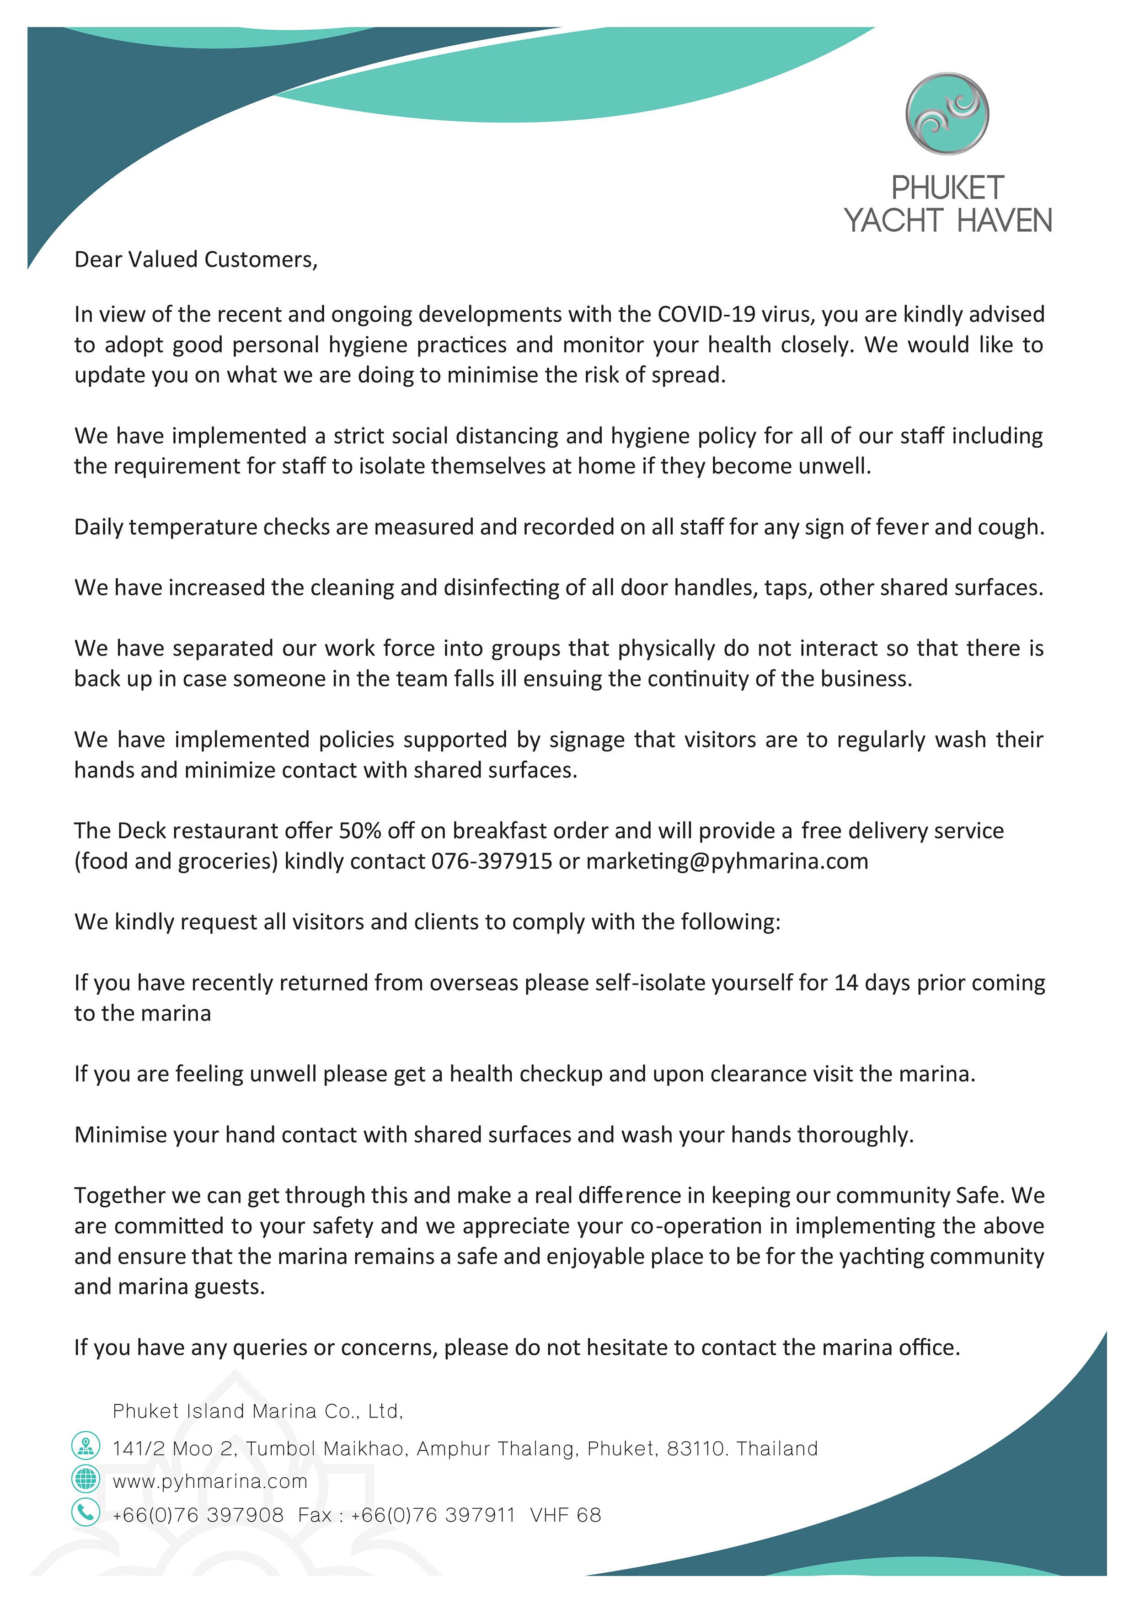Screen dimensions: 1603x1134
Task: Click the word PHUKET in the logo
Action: click(947, 188)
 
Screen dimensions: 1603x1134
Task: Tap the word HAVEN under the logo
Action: click(1004, 221)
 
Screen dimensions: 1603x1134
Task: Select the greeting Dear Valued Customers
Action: click(196, 260)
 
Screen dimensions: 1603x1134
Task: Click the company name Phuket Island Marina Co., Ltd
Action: click(257, 1411)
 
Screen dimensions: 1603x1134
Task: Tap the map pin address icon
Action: click(86, 1445)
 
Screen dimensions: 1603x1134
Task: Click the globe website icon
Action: click(86, 1478)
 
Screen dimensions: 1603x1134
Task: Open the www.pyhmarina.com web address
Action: click(209, 1481)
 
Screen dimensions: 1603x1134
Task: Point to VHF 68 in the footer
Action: click(566, 1515)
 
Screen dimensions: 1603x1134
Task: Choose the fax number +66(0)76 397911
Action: click(433, 1515)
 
